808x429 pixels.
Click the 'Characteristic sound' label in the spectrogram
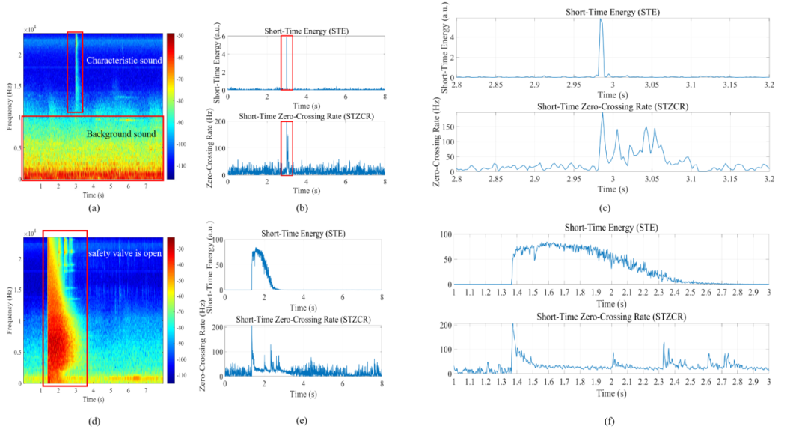pyautogui.click(x=123, y=60)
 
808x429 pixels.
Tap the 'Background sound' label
pyautogui.click(x=121, y=134)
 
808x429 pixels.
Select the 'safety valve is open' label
pyautogui.click(x=124, y=253)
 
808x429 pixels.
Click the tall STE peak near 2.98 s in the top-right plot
pyautogui.click(x=601, y=21)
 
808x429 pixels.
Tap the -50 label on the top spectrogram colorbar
pyautogui.click(x=180, y=36)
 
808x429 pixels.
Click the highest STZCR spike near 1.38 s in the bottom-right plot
pyautogui.click(x=513, y=324)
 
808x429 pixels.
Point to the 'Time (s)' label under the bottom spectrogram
pyautogui.click(x=94, y=399)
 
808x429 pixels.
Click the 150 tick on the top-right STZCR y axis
pyautogui.click(x=447, y=128)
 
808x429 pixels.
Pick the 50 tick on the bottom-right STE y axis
pyautogui.click(x=447, y=259)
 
